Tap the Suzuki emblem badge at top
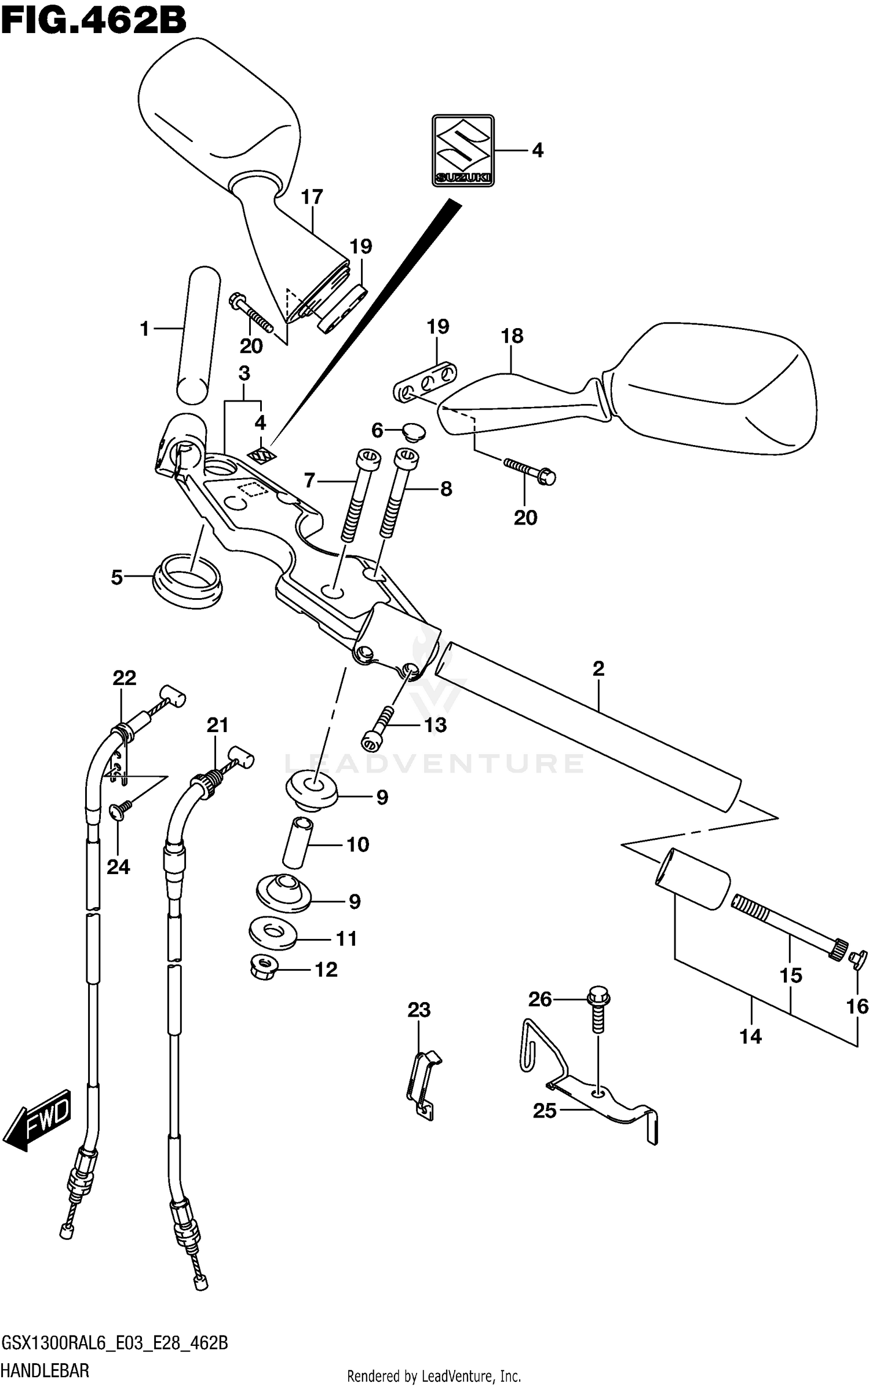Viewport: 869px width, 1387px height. pyautogui.click(x=462, y=151)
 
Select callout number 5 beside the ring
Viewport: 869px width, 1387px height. pyautogui.click(x=117, y=577)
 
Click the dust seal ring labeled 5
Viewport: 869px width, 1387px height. pyautogui.click(x=187, y=581)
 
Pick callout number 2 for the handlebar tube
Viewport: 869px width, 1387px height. pyautogui.click(x=598, y=668)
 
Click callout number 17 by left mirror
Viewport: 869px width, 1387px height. pyautogui.click(x=312, y=197)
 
